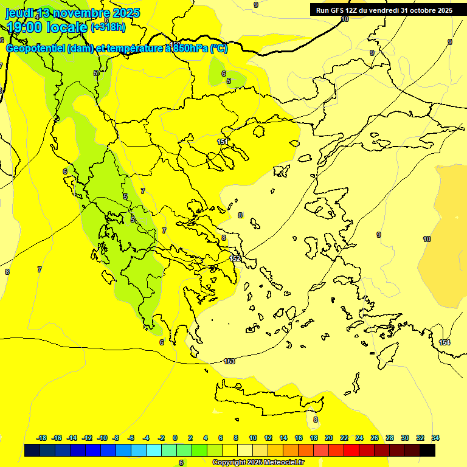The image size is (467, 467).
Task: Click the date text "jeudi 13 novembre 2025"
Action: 73,13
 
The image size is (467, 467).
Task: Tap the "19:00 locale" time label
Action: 46,27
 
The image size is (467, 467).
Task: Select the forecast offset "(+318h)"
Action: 108,27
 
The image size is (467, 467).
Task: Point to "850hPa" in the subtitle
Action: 190,48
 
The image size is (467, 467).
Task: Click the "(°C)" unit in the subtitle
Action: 219,48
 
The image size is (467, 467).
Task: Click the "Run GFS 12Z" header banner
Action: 382,10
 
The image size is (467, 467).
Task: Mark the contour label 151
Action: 223,142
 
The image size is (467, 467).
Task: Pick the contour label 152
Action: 235,258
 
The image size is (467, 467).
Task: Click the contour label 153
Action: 229,361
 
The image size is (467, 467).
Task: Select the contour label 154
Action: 445,343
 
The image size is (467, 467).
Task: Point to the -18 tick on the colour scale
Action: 42,438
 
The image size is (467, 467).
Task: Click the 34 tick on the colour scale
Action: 435,438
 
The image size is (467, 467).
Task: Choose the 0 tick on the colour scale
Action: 175,438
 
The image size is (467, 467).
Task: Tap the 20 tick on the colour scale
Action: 329,438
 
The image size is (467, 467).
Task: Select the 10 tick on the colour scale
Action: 253,438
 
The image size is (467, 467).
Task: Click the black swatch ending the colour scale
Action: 427,451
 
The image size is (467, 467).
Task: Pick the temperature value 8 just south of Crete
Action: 315,420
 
